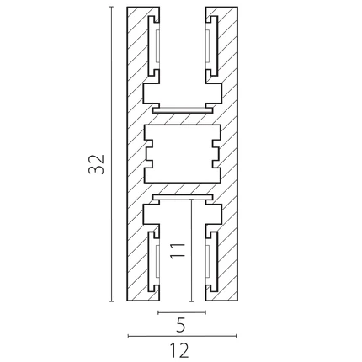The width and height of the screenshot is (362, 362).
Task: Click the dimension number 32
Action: click(96, 164)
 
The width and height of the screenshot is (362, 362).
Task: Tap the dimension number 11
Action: click(178, 250)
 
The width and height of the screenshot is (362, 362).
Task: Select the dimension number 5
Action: click(181, 326)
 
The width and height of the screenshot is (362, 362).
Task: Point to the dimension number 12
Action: click(179, 350)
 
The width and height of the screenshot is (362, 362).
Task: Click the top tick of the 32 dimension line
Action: click(112, 7)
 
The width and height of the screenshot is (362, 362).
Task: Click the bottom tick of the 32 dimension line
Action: click(112, 301)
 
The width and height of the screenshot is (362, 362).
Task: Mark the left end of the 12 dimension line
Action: click(128, 336)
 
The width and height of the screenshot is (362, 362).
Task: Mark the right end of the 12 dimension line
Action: click(237, 336)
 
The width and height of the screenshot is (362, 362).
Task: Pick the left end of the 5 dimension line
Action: click(158, 312)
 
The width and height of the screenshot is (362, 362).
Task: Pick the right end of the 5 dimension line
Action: click(206, 312)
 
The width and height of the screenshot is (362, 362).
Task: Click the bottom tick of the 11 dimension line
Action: click(191, 301)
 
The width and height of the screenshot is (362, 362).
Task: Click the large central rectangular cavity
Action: click(183, 153)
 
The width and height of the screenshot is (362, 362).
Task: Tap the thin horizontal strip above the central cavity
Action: click(183, 110)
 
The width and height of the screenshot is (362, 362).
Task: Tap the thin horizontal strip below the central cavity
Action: click(183, 197)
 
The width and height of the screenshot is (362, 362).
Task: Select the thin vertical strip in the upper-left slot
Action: click(157, 45)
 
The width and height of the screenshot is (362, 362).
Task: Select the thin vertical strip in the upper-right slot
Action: click(208, 45)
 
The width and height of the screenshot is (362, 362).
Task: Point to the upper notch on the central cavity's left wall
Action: click(148, 144)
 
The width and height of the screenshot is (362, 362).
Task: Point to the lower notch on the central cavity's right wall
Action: click(216, 164)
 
